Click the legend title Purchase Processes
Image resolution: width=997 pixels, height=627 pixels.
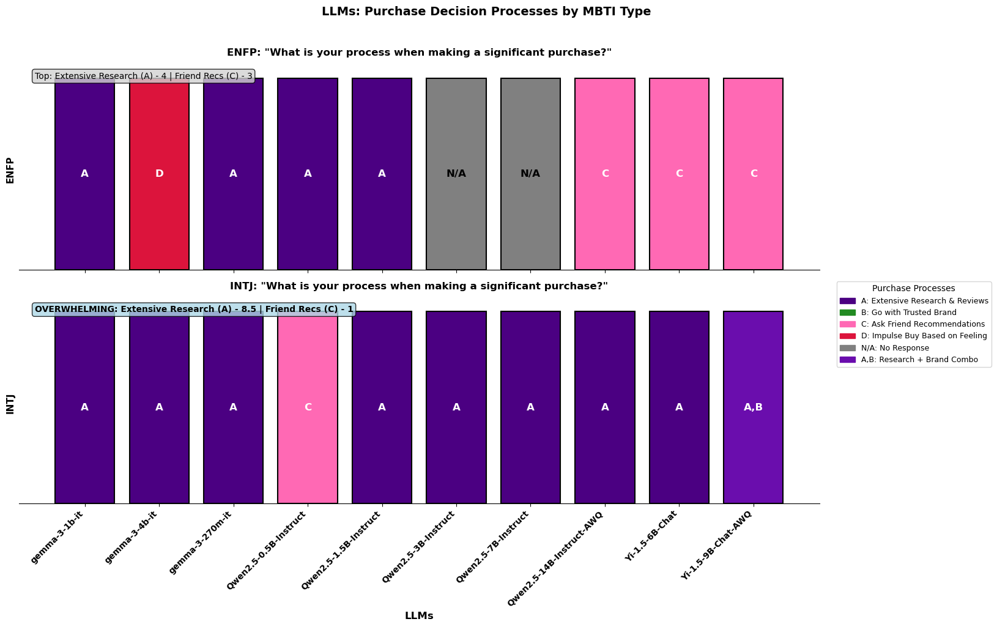click(x=913, y=288)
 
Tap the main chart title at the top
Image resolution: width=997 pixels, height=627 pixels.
click(x=486, y=11)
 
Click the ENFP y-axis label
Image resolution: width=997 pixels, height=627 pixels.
click(x=10, y=170)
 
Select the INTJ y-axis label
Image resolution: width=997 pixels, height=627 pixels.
click(x=10, y=404)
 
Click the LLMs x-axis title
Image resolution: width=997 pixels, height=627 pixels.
click(x=419, y=616)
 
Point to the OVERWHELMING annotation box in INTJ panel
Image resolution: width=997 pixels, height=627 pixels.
click(x=194, y=310)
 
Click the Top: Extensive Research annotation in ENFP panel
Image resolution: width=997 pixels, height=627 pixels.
click(x=144, y=76)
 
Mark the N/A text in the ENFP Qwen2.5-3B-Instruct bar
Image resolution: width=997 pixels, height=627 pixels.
click(x=456, y=174)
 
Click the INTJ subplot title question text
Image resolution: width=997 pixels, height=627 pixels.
click(x=419, y=286)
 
